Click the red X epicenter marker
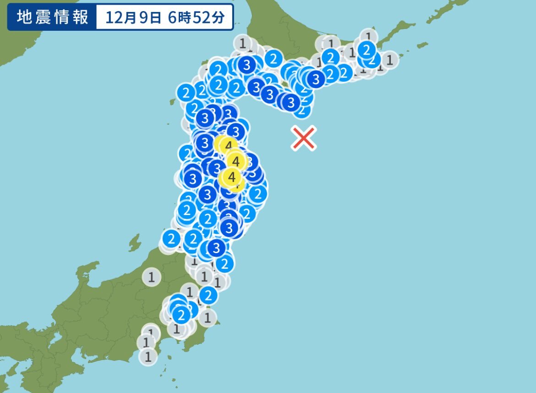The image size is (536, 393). coord(304,138)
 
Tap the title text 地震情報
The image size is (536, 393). coord(52,17)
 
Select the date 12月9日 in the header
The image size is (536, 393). coord(133,17)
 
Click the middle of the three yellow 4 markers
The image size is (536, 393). coord(236,161)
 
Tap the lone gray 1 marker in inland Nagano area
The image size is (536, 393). coord(151,277)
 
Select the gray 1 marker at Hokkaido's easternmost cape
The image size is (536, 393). coord(390,59)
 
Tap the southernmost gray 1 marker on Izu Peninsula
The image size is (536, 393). coord(148,356)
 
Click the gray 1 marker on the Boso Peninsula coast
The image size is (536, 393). coord(208,316)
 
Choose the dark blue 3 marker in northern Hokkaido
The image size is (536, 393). coord(247,65)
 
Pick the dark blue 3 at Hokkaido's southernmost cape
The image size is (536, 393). coord(290,102)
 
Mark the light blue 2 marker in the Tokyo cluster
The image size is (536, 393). coord(181,315)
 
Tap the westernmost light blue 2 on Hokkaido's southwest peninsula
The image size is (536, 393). coord(186,94)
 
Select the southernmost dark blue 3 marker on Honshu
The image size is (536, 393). coord(216,248)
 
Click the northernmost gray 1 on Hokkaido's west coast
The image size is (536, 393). coord(243,43)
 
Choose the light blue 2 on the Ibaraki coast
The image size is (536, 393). coord(208,295)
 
